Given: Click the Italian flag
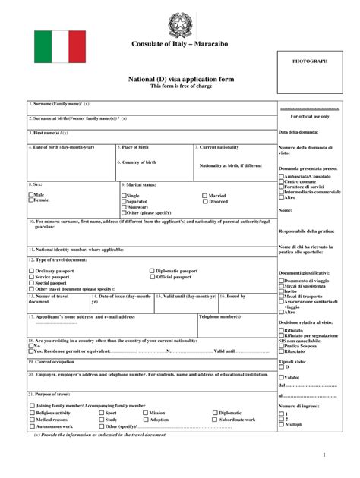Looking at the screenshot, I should [60, 46].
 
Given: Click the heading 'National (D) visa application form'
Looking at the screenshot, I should [180, 79].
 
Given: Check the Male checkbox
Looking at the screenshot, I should [31, 195].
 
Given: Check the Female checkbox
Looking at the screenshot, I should [31, 200].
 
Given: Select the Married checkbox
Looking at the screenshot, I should [205, 196].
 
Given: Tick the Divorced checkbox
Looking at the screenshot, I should [205, 202].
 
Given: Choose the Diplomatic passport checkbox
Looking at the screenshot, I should [151, 271].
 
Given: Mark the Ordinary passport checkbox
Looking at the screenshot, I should [31, 271].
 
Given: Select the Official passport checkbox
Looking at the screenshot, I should [151, 277].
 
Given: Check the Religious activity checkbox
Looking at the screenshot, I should [31, 413].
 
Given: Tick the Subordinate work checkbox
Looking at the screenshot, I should [215, 420].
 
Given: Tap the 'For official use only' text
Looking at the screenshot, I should [310, 117].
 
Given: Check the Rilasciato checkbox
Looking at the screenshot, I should [281, 351].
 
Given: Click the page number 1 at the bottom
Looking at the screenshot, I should [323, 454].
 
